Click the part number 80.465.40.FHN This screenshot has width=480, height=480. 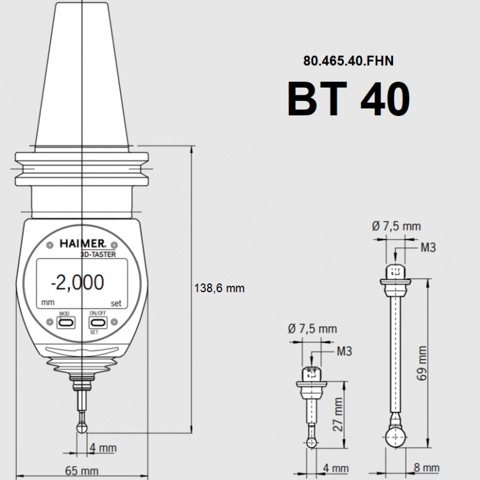349,61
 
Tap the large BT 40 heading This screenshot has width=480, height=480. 349,99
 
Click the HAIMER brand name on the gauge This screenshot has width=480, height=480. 83,244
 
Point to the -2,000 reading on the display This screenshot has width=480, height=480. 77,282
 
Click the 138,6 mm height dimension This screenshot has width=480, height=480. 220,288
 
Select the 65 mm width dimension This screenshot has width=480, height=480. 82,470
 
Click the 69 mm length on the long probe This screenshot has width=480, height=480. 422,363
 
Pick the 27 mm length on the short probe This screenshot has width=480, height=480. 338,414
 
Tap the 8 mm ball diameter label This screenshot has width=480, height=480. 427,467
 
